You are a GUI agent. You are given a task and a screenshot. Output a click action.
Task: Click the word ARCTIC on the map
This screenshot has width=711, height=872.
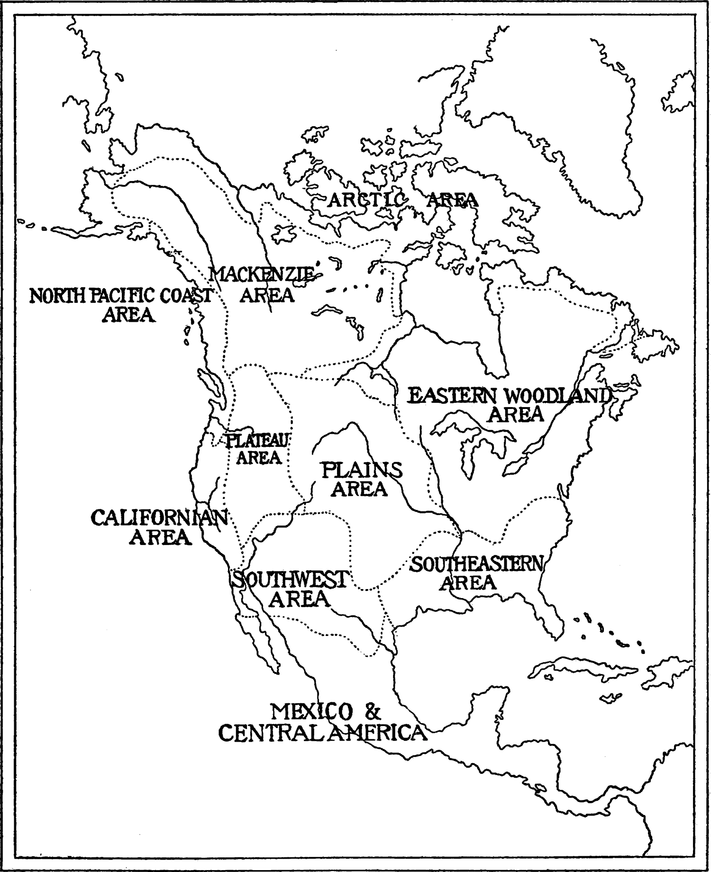(x=364, y=200)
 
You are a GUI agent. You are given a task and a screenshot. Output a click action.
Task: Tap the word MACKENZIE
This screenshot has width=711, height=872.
(x=261, y=274)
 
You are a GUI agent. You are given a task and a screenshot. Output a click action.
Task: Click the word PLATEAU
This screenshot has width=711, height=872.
(x=256, y=441)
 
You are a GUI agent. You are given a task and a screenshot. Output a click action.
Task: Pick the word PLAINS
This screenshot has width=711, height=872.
(x=362, y=470)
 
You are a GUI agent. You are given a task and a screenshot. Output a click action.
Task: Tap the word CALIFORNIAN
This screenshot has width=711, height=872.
(x=159, y=518)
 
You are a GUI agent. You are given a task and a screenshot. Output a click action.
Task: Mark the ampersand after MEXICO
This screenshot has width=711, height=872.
(x=373, y=712)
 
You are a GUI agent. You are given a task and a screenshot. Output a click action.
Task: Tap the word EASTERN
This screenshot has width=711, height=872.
(x=449, y=396)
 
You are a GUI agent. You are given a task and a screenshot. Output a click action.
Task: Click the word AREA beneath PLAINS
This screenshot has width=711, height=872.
(x=359, y=489)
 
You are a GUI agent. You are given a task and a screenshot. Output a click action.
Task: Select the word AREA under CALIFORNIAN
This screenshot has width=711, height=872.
(x=161, y=537)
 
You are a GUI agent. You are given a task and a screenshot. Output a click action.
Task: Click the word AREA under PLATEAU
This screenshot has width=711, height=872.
(x=258, y=458)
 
